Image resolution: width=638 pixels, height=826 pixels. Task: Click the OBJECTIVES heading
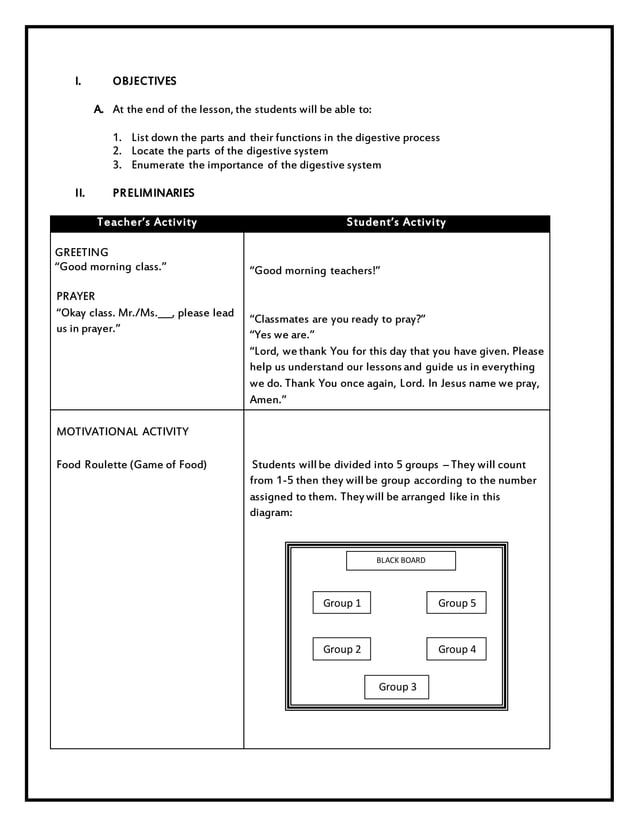point(144,81)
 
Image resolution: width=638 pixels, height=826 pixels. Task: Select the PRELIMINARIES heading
point(153,193)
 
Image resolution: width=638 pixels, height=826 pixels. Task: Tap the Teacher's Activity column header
point(147,223)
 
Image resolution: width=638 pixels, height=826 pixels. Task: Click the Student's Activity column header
point(396,223)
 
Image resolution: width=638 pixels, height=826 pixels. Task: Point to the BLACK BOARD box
point(400,561)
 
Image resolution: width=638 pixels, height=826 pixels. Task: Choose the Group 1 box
point(342,603)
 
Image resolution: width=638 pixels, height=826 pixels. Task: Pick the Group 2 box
point(342,650)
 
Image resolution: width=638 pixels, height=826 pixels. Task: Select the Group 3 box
point(397,687)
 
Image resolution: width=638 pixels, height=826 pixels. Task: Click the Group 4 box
point(457,650)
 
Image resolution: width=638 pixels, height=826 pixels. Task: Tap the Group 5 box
point(457,603)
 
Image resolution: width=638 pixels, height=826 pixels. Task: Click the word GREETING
point(82,252)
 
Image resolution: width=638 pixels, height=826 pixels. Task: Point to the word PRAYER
point(76,297)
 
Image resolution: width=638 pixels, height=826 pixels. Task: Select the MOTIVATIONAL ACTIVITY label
point(122,432)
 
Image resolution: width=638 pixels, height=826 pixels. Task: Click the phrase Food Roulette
point(92,465)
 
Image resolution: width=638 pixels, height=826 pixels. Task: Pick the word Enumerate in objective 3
point(158,165)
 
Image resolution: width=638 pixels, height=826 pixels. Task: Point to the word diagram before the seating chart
point(270,513)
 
